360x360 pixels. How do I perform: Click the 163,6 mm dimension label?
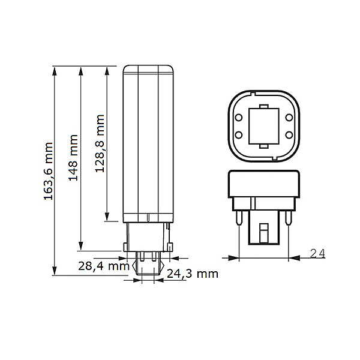[x=49, y=170]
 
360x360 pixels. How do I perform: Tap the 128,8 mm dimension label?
[x=100, y=144]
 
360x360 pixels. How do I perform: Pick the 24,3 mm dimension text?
[x=192, y=274]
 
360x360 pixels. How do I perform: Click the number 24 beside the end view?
[x=317, y=253]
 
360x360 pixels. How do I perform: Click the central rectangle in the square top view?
[x=265, y=125]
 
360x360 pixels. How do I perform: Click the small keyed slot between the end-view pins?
[x=265, y=231]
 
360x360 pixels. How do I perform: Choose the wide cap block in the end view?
[x=265, y=185]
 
